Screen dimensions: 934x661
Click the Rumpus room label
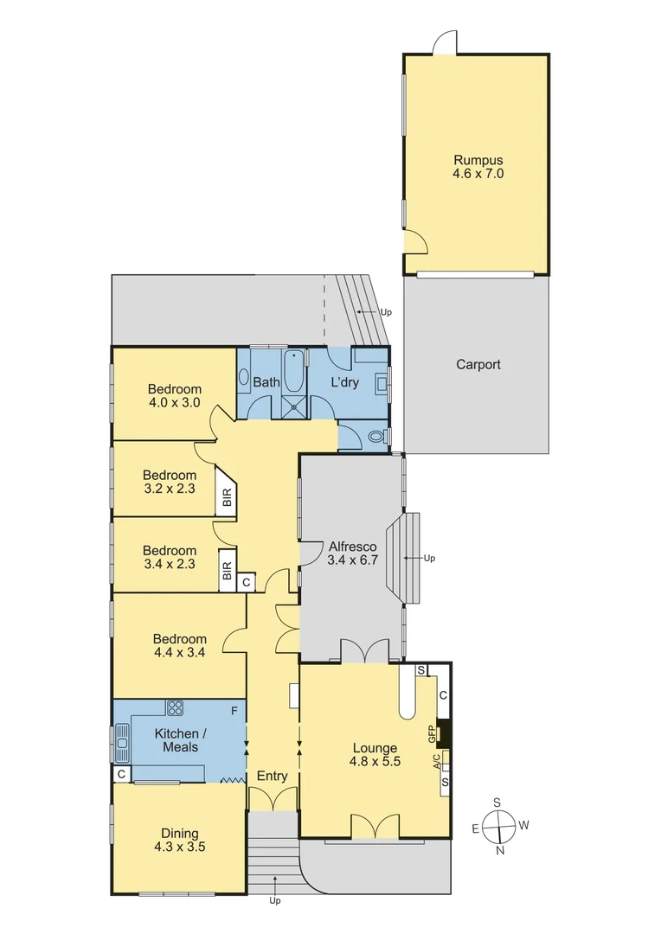click(x=478, y=160)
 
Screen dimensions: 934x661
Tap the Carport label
click(x=478, y=365)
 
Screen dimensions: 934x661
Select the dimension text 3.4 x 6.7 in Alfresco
click(x=350, y=560)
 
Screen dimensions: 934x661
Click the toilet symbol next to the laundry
click(x=376, y=438)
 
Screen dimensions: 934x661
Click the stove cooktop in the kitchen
click(x=175, y=708)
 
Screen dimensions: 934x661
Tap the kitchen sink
click(x=122, y=740)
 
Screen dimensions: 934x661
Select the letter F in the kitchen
click(x=234, y=711)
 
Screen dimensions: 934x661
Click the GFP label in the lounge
click(x=432, y=733)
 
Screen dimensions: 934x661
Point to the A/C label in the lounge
click(x=436, y=761)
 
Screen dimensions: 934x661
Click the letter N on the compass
click(x=499, y=850)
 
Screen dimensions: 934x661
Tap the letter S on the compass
click(x=497, y=802)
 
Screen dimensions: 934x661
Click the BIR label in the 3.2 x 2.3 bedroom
click(x=227, y=497)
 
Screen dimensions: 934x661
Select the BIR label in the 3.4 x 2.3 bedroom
click(x=227, y=572)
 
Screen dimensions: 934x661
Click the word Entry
click(x=272, y=777)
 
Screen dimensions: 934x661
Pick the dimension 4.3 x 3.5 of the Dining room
click(x=176, y=848)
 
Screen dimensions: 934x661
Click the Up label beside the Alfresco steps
click(x=429, y=558)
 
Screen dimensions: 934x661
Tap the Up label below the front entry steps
click(x=275, y=901)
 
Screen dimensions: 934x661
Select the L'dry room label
click(x=345, y=382)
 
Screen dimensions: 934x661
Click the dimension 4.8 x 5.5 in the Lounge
click(x=375, y=763)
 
